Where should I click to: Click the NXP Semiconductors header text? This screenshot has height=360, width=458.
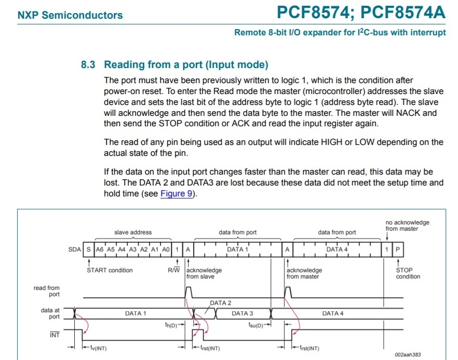[x=70, y=15]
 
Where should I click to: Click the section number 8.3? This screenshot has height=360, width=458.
[x=88, y=65]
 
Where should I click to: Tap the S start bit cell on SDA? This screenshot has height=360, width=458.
[x=88, y=249]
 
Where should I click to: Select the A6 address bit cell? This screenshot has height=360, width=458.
[x=100, y=249]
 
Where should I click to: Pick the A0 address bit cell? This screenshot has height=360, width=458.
[x=166, y=249]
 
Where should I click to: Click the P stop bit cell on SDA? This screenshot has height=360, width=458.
[x=398, y=249]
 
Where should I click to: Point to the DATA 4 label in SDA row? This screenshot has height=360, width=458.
[x=337, y=249]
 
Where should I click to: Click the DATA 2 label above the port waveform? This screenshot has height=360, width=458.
[x=221, y=303]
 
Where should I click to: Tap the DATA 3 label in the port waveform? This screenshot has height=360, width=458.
[x=243, y=313]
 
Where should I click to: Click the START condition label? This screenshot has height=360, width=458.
[x=110, y=270]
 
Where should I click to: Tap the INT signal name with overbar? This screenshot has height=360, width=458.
[x=55, y=335]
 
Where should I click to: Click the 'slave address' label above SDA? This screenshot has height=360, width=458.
[x=133, y=232]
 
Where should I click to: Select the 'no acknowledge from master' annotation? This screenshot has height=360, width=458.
[x=407, y=225]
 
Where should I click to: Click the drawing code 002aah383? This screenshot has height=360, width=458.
[x=408, y=355]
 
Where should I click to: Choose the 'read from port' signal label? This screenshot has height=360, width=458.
[x=47, y=291]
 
